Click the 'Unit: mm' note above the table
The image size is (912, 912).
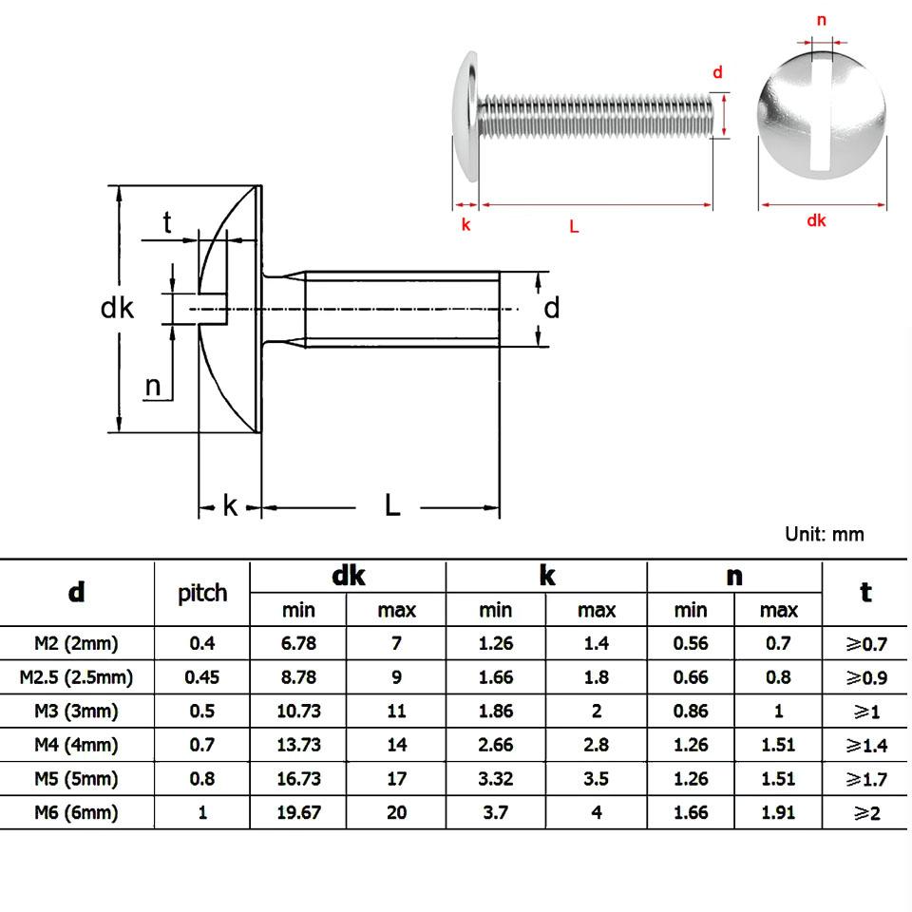coord(824,534)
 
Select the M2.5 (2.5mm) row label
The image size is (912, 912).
coord(76,677)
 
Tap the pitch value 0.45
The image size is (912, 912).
coord(202,677)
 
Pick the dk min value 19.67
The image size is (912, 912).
coord(298,812)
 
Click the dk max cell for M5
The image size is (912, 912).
coord(397,779)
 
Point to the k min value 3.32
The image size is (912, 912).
coord(496,779)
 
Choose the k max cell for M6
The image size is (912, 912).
coord(597,812)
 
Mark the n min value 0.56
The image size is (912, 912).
coord(691,643)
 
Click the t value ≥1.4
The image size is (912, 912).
coord(865,746)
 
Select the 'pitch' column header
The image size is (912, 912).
coord(202,593)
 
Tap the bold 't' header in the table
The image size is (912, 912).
coord(865,592)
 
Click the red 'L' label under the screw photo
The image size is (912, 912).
coord(574,226)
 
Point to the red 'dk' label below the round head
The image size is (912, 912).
coord(816,220)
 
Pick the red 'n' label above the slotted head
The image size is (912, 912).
coord(822,20)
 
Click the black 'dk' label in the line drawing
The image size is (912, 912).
coord(117,308)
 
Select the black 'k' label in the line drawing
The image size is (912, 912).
coord(230,505)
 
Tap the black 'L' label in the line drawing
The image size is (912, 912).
coord(392,505)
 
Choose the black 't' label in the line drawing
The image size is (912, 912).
coord(167,222)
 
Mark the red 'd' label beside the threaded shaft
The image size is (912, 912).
coord(718,72)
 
